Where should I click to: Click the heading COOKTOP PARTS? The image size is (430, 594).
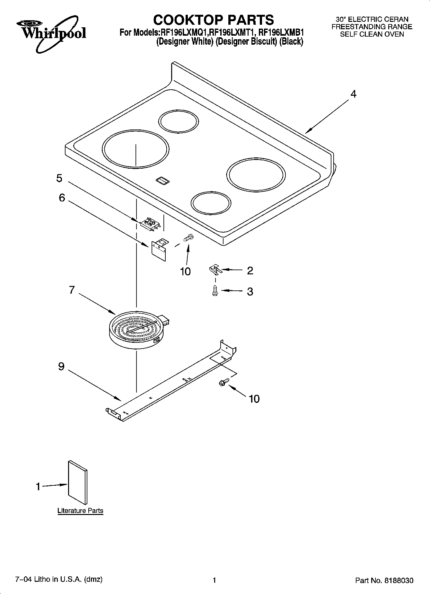(x=214, y=20)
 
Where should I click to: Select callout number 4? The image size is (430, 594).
(x=353, y=94)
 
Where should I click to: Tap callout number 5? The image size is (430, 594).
(x=59, y=178)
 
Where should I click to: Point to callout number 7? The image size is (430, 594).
(x=72, y=290)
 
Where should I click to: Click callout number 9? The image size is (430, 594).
(x=61, y=366)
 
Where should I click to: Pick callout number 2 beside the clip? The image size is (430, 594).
(x=250, y=270)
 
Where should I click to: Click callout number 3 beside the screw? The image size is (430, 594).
(x=250, y=291)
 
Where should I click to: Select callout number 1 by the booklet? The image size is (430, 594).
(x=38, y=487)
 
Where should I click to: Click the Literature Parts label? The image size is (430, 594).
(x=80, y=510)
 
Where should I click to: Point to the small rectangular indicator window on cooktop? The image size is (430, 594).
(x=162, y=181)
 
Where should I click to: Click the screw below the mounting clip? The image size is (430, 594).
(x=215, y=291)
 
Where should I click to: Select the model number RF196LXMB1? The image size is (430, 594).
(x=281, y=32)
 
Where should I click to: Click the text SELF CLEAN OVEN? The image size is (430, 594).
(x=372, y=34)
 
